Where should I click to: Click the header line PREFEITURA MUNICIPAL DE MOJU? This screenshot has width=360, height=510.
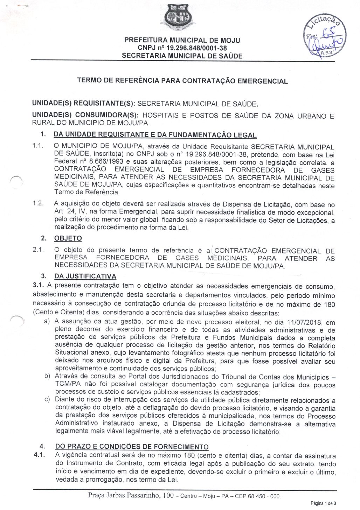[182, 40]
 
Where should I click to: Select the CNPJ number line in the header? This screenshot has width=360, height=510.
[182, 48]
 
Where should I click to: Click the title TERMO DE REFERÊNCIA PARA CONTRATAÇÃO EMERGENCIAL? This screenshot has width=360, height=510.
[182, 81]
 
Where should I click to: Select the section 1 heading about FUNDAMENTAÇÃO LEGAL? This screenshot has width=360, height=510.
[155, 135]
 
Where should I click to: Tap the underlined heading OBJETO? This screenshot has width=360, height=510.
[68, 238]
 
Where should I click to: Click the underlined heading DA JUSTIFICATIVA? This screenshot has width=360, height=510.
[85, 276]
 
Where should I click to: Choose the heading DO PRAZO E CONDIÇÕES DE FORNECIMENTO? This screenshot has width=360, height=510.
[132, 447]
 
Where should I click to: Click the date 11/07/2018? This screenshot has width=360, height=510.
[306, 322]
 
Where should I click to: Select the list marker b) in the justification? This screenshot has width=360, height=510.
[47, 376]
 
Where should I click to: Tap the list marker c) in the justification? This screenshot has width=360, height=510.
[47, 400]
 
